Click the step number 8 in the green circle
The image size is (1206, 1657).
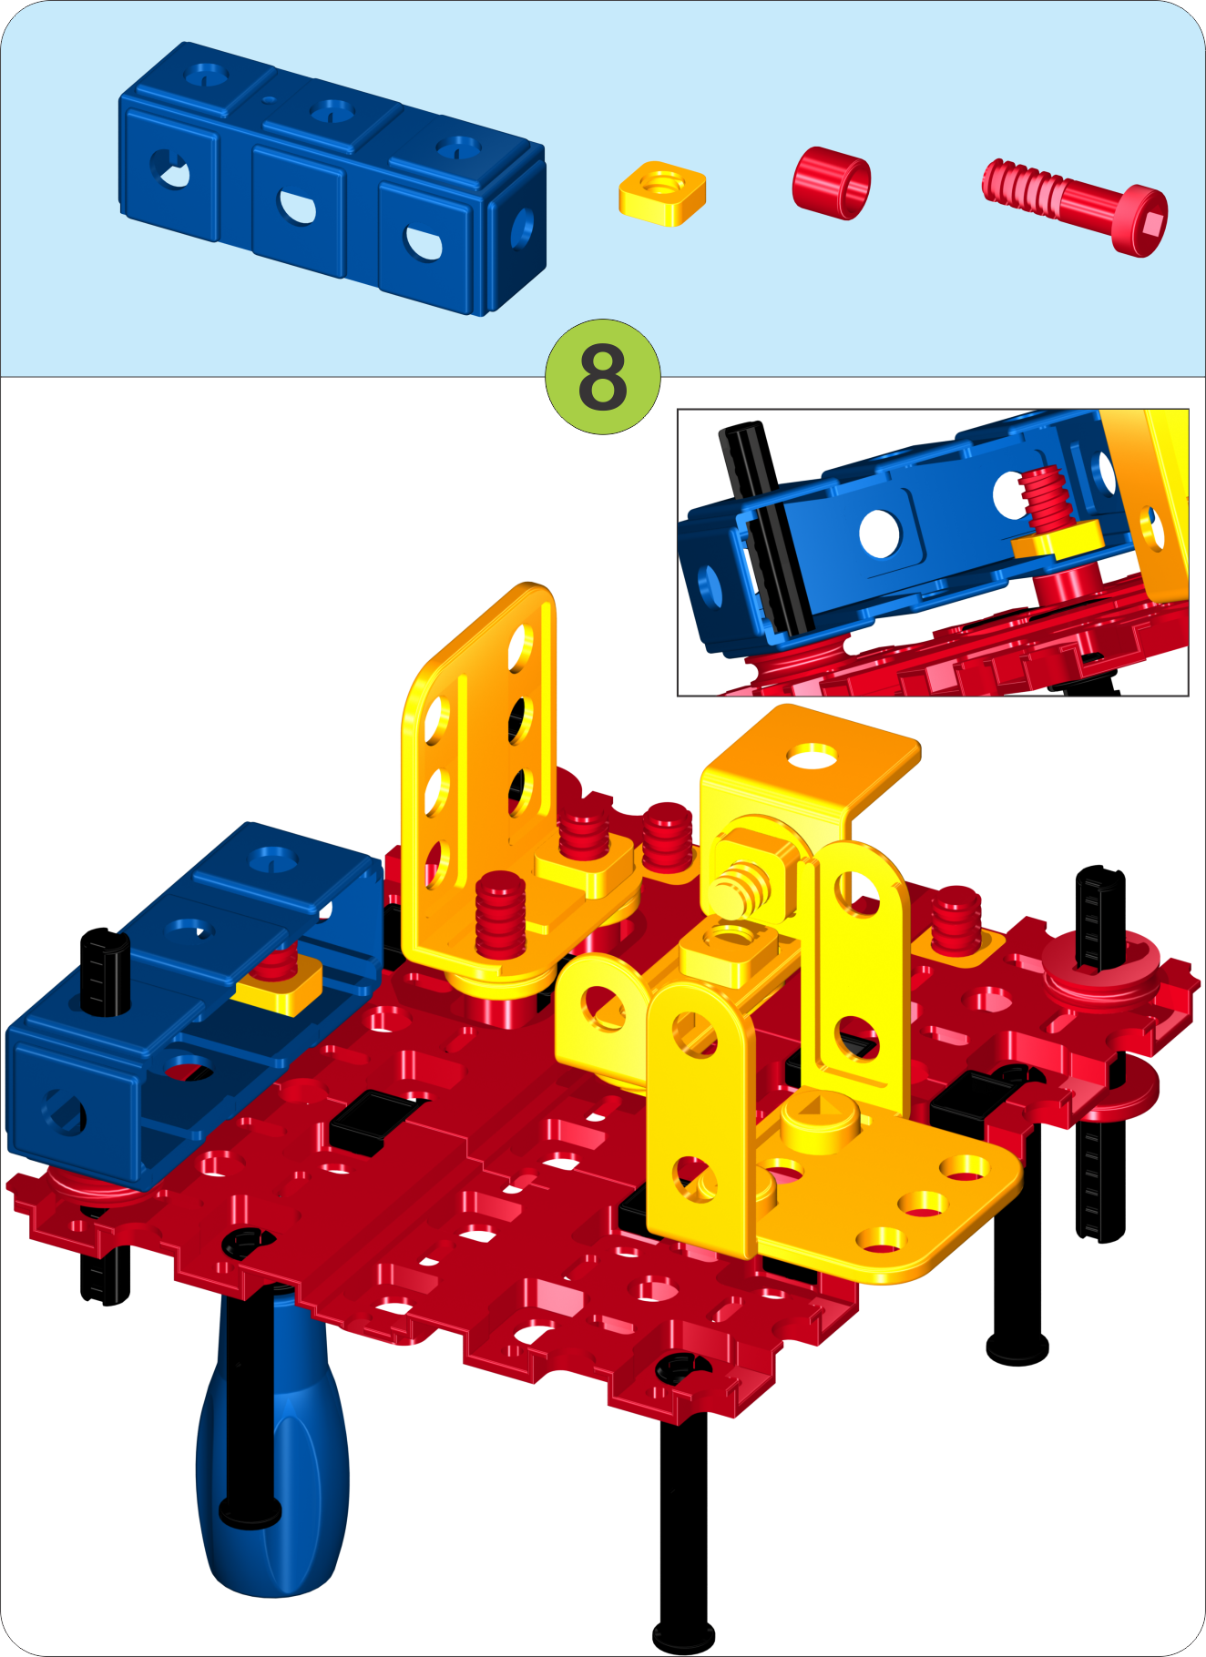pyautogui.click(x=602, y=377)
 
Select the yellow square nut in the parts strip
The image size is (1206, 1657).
pyautogui.click(x=662, y=193)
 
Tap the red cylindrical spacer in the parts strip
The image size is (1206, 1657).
pyautogui.click(x=831, y=182)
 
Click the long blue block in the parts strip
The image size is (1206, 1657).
pyautogui.click(x=332, y=178)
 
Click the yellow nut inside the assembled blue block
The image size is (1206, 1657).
pyautogui.click(x=279, y=987)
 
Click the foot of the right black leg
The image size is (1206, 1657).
pyautogui.click(x=1017, y=1347)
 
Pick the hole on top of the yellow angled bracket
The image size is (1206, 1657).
pyautogui.click(x=813, y=755)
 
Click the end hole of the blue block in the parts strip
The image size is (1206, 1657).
pyautogui.click(x=523, y=229)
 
